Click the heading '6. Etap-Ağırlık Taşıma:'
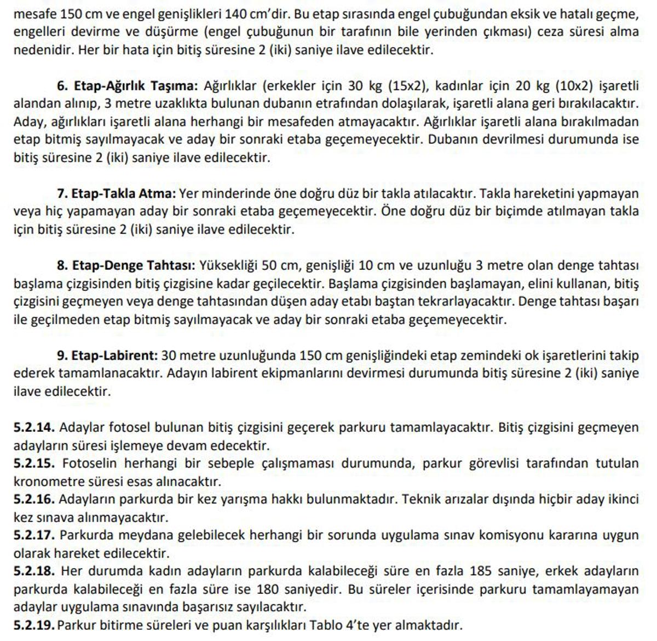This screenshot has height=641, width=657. point(126,86)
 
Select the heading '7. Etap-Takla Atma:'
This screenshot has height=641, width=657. point(116,193)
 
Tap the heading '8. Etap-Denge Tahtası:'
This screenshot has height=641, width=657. point(125,265)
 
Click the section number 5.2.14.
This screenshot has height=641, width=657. point(34,427)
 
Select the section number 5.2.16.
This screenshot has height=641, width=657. point(34,499)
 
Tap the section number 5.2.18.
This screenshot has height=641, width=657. point(34,571)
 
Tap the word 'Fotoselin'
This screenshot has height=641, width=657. point(89,463)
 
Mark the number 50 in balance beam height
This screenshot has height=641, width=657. point(269,265)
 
